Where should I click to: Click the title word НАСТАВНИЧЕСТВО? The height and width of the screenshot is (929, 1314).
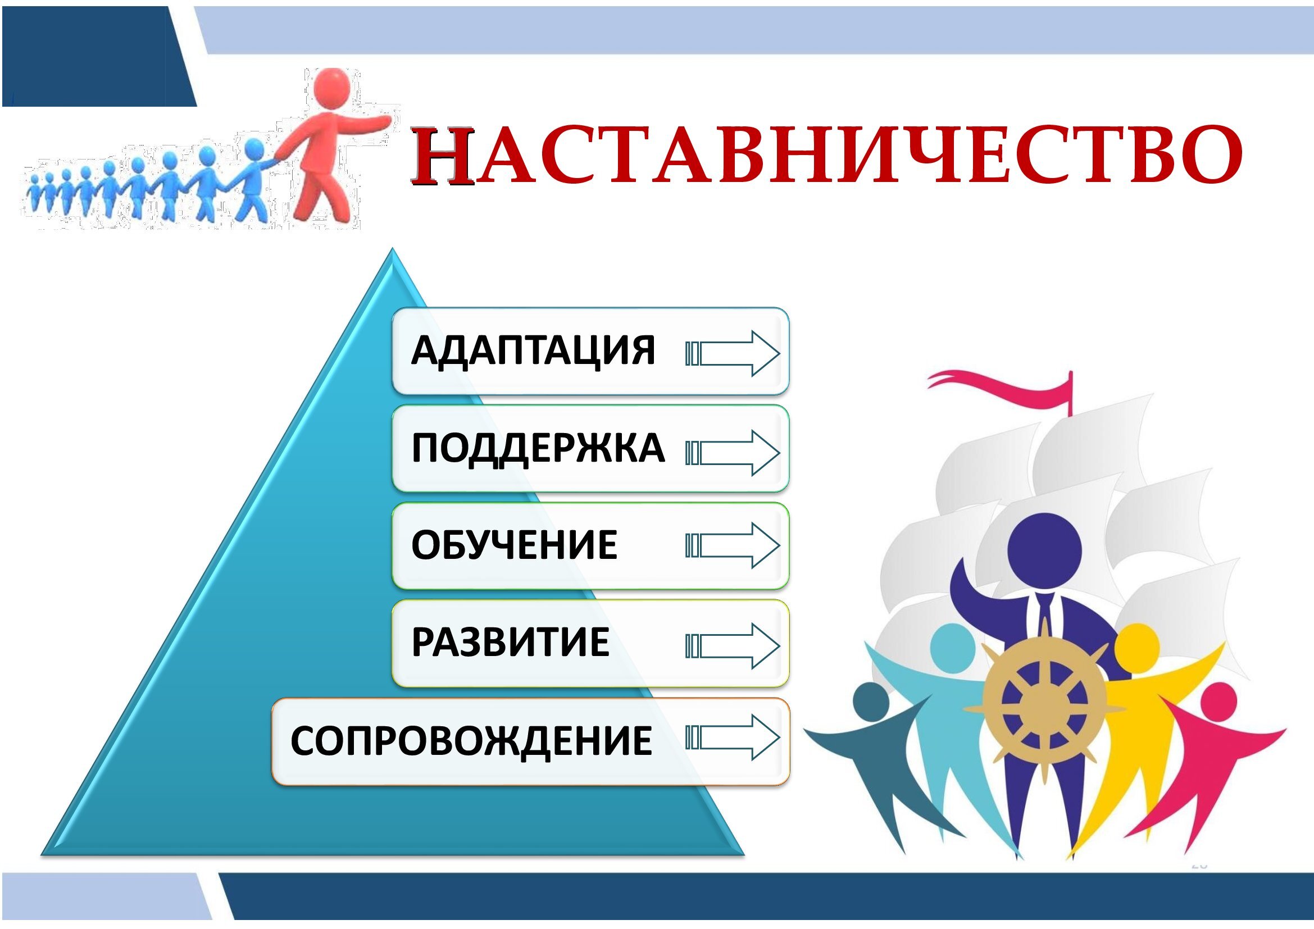[x=826, y=156]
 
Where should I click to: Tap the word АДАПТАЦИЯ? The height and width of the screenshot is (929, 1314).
[x=533, y=350]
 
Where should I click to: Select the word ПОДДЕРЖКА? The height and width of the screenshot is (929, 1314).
[x=538, y=448]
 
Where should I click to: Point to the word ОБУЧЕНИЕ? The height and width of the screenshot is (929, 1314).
[x=514, y=545]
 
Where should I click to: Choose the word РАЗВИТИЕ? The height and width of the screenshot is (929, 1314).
[x=511, y=642]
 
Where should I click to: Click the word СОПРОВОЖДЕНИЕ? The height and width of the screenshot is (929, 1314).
[x=471, y=741]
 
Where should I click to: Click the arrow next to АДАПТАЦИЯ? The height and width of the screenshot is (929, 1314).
[x=733, y=353]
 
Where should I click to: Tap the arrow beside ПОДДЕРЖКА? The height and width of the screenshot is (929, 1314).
[x=733, y=453]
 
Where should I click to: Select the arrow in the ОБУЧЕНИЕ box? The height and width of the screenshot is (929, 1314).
[x=733, y=546]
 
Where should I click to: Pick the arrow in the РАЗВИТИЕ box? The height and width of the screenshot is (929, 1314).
[x=733, y=646]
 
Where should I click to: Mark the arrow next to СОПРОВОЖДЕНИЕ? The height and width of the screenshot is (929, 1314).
[x=733, y=737]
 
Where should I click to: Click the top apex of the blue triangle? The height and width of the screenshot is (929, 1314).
[x=393, y=248]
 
